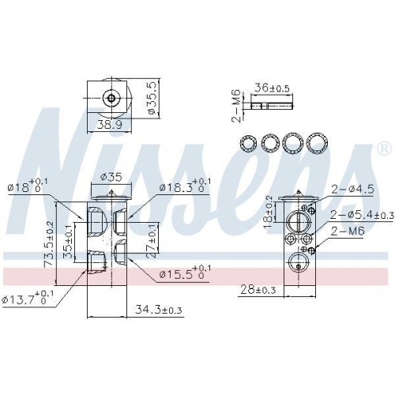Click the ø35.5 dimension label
153,98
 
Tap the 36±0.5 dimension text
272,88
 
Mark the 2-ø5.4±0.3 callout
359,214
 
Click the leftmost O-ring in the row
248,143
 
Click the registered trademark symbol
383,149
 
